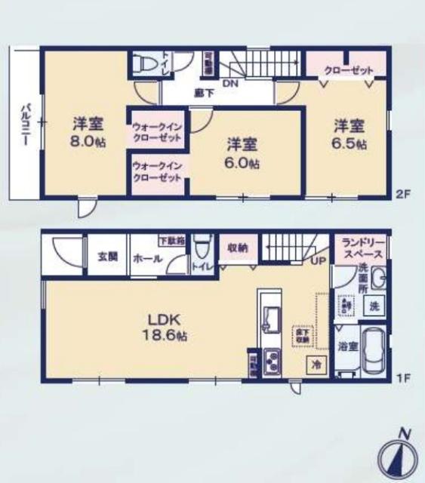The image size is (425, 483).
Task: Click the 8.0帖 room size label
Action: point(87,142)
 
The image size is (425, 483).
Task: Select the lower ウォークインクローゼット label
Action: point(157,171)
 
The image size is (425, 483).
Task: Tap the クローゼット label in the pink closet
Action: point(349,70)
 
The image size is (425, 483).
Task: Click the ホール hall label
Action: point(146,257)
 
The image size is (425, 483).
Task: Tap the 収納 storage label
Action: point(239,246)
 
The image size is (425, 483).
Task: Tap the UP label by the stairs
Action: point(316,262)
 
